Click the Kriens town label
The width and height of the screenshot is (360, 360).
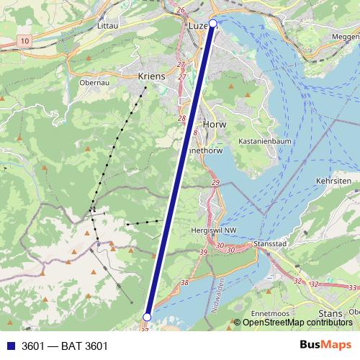tap(152, 76)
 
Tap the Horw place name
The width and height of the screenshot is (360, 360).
tap(215, 125)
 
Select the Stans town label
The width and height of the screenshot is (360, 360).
tap(330, 314)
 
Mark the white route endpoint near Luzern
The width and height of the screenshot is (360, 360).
tap(212, 23)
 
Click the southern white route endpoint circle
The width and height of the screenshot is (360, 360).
tap(147, 317)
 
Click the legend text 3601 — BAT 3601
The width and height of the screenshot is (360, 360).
tap(65, 346)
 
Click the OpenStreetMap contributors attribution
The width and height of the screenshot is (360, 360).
tap(297, 323)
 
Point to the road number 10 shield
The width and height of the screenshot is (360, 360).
tap(26, 42)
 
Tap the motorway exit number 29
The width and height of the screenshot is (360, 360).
tap(215, 184)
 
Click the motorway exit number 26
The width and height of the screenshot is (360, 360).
tap(181, 9)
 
